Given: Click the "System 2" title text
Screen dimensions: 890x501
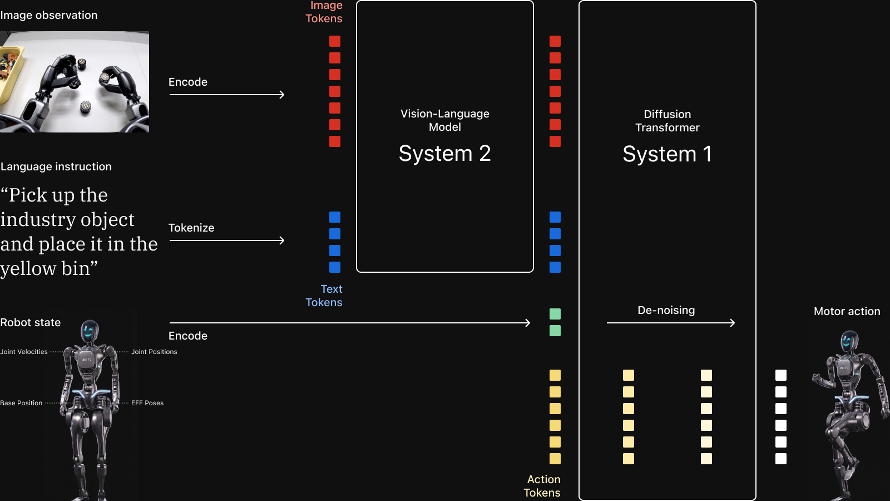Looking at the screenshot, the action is coord(444,154).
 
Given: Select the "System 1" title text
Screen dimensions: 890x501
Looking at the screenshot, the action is coord(667,154).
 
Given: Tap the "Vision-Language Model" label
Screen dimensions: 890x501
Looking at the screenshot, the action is coord(445,120).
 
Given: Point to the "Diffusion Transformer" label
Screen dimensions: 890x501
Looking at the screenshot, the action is coord(667,121).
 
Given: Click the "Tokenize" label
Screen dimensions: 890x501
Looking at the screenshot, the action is coord(191,228).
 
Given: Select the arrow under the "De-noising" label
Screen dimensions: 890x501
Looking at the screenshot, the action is coord(671,323).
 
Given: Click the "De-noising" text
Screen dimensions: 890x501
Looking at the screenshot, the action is coord(666,310).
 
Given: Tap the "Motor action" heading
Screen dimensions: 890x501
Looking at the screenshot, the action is coord(847,311).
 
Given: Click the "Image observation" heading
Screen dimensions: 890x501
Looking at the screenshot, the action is coord(48,16).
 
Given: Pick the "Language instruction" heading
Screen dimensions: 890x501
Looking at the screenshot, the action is coord(56,166).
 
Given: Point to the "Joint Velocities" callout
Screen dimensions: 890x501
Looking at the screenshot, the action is coord(24,352).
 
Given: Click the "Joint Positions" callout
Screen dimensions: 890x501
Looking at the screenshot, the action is coord(154,352).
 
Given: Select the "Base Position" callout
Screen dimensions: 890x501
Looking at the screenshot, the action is coord(21,403).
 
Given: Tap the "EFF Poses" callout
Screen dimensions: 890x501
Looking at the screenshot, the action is coord(147,403).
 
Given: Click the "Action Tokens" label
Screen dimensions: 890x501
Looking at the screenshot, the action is coord(542,486).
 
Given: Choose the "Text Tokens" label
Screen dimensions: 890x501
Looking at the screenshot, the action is coord(324,296).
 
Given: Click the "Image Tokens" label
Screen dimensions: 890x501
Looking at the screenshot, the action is coord(324,12).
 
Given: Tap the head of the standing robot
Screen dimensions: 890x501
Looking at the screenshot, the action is coord(90,332).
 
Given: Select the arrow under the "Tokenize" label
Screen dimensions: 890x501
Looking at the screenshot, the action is coord(227,240).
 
